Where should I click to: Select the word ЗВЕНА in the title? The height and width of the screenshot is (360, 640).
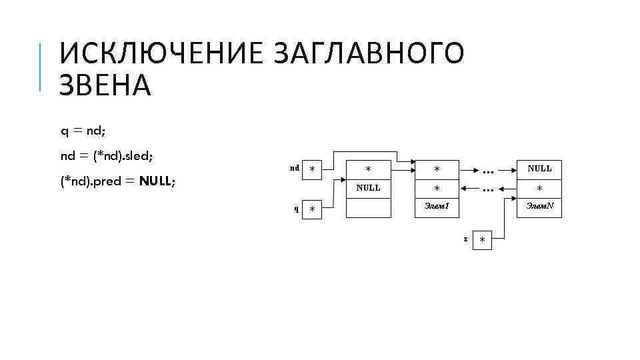[105, 86]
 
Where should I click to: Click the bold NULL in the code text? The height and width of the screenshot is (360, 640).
[157, 181]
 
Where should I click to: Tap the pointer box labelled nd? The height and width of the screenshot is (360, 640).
[312, 169]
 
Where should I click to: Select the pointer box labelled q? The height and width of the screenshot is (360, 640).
[312, 209]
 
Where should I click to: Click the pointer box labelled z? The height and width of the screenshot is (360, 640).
[482, 240]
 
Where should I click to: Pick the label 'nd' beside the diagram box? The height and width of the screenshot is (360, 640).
[294, 168]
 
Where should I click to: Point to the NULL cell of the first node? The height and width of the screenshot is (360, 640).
[368, 188]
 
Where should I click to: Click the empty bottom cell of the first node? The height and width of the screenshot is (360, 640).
[368, 208]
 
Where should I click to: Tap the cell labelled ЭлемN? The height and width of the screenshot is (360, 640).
[539, 207]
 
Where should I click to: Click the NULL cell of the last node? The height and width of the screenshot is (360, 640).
[539, 169]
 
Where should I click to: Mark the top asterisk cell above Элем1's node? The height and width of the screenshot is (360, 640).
[437, 169]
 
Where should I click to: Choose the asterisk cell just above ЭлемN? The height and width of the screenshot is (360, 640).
[539, 188]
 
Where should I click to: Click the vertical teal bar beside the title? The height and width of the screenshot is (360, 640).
[41, 66]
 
